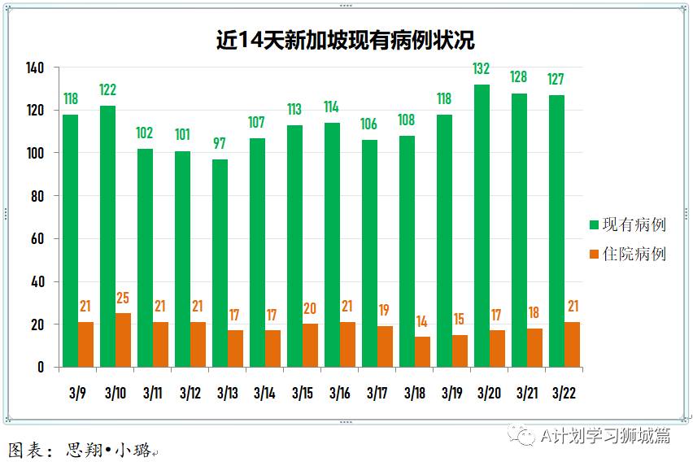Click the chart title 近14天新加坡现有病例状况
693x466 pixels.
tap(345, 40)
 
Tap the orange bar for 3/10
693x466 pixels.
tap(123, 340)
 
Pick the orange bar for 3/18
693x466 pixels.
tap(422, 351)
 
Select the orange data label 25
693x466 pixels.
tap(123, 298)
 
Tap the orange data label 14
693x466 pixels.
tap(422, 321)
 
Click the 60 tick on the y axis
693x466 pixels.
tap(37, 239)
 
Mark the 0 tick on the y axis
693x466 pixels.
tap(40, 368)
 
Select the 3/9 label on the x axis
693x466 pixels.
tap(78, 393)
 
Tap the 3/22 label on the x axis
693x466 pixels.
tap(564, 393)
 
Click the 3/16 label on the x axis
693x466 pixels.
tap(339, 393)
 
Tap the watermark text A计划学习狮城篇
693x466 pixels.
tap(605, 436)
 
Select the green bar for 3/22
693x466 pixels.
tap(556, 231)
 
